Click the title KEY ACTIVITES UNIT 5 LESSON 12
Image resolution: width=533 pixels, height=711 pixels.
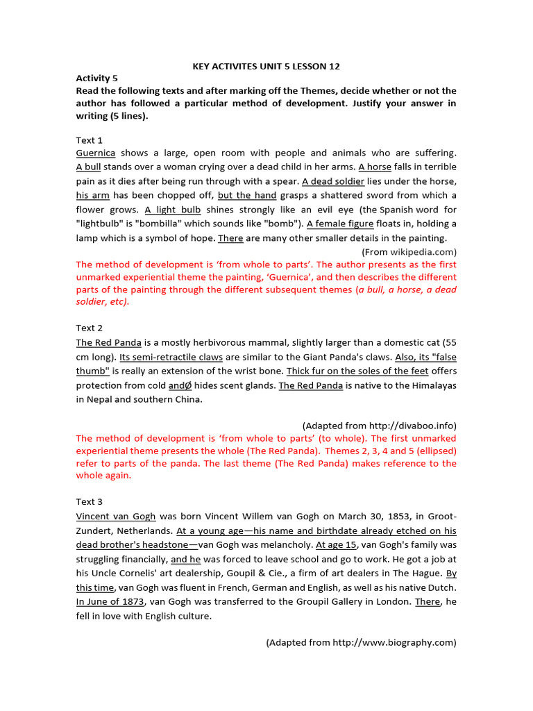(266, 67)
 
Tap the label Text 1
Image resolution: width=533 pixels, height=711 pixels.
(90, 140)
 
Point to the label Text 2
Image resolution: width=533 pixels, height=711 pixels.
(90, 328)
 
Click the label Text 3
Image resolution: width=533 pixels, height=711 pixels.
(90, 501)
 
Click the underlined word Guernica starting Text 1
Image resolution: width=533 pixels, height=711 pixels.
(96, 153)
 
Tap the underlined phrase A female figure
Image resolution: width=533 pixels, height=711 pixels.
(340, 224)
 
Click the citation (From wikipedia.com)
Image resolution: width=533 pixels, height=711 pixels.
(409, 251)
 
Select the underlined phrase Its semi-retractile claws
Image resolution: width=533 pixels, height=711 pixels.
(171, 357)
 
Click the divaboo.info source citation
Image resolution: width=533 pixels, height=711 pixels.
(379, 425)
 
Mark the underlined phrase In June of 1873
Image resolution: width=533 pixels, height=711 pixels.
(110, 601)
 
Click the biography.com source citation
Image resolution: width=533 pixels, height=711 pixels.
(361, 642)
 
